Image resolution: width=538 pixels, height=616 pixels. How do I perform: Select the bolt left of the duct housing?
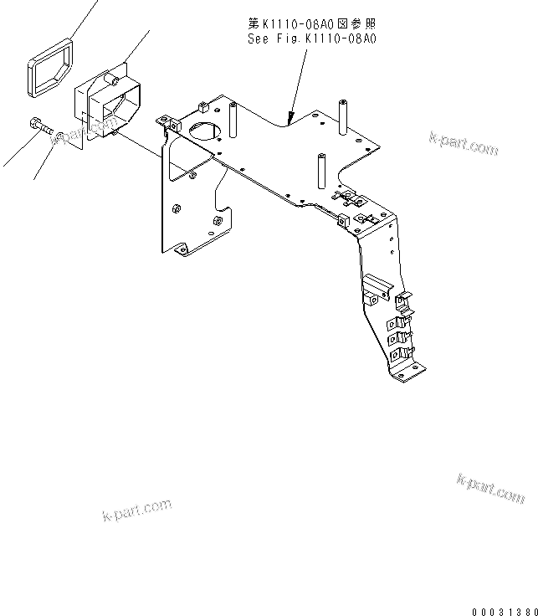pos(39,126)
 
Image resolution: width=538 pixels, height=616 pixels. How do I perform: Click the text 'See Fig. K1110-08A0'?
pos(312,38)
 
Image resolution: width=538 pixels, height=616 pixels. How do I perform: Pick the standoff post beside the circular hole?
pos(232,121)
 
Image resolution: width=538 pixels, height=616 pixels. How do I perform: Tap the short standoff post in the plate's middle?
pos(320,170)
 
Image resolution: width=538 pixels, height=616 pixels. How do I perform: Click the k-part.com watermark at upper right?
pos(463,143)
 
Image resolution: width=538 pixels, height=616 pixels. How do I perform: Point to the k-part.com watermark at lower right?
pos(490,488)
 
